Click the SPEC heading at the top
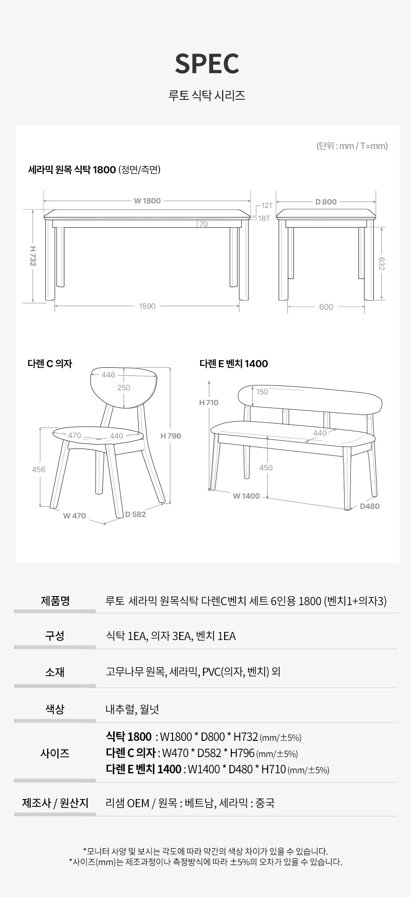click(207, 64)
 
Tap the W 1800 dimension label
click(147, 201)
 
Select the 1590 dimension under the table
click(147, 306)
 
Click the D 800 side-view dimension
click(326, 202)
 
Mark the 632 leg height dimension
click(381, 264)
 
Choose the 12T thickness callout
click(267, 206)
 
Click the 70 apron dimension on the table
click(204, 224)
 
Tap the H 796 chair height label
click(171, 436)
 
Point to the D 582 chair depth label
click(136, 514)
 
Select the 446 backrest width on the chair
click(108, 375)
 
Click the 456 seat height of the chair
click(39, 470)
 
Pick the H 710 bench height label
click(209, 403)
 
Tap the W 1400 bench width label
click(247, 496)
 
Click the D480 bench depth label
click(370, 506)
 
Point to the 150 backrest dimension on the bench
click(262, 392)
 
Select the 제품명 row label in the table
click(55, 600)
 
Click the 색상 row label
click(55, 709)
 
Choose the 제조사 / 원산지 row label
click(55, 803)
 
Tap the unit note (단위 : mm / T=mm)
click(352, 146)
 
